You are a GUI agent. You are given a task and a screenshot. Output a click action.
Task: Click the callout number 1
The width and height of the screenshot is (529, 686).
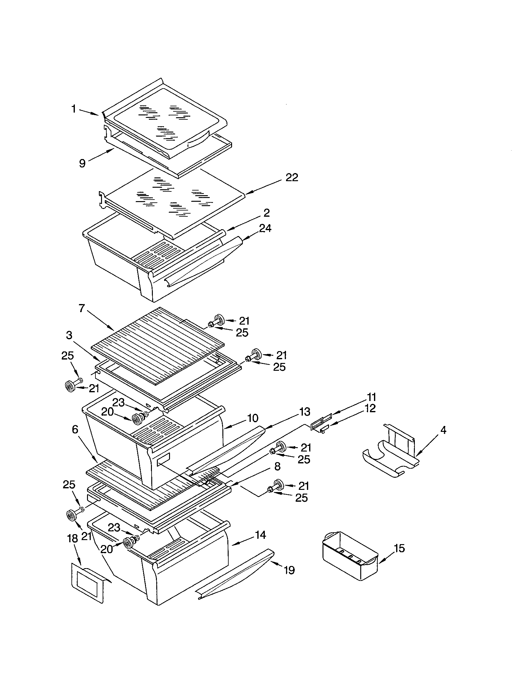(x=74, y=109)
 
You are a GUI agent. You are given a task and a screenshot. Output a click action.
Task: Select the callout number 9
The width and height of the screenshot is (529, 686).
(x=82, y=163)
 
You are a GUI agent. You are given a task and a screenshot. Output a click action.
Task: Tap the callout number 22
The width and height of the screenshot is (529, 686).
(x=292, y=177)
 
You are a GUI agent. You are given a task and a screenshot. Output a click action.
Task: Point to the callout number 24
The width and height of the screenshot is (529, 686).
(x=265, y=228)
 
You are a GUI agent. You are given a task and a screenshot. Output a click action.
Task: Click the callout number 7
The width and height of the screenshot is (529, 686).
(x=82, y=308)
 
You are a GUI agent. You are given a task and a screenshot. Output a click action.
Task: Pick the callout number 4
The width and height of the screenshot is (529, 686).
(x=443, y=430)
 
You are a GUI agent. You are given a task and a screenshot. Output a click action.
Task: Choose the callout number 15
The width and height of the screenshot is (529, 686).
(x=399, y=548)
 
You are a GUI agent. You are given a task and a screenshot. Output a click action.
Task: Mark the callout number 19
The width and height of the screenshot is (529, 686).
(x=289, y=570)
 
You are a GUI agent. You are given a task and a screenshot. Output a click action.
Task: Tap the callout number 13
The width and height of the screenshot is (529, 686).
(x=305, y=412)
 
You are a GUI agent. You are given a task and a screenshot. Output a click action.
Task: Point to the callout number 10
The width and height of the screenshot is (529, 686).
(x=252, y=418)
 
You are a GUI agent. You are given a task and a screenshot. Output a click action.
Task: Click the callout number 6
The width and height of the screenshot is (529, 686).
(x=75, y=429)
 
